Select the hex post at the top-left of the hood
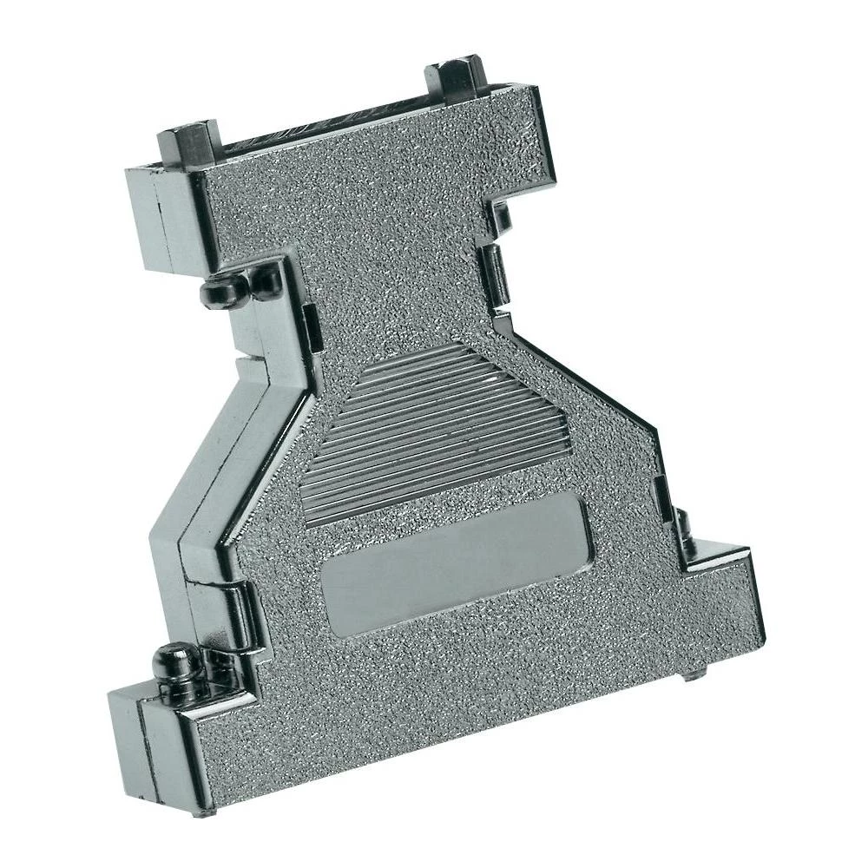184,147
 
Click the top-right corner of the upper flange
534,95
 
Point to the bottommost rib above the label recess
443,503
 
